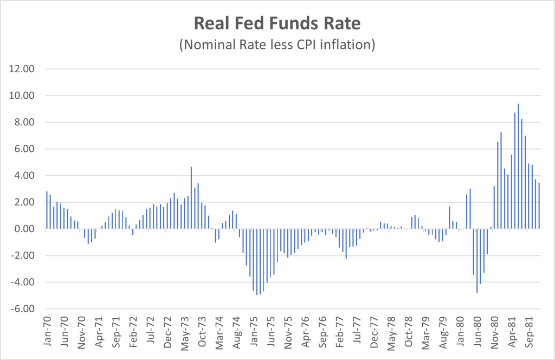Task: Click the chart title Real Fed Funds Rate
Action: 277,24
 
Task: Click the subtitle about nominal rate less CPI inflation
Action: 277,44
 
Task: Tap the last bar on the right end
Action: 539,206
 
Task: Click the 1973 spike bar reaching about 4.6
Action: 191,198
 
